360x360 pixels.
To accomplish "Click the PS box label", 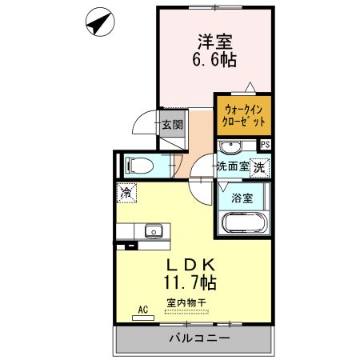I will [266, 145].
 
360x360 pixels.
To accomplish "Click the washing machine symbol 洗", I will [259, 167].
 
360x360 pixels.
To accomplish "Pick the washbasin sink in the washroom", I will [231, 147].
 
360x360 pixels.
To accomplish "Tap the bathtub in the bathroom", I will [243, 222].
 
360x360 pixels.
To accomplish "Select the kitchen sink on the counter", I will [152, 232].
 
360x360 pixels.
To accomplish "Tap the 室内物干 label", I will [186, 302].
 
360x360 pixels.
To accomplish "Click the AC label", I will [143, 308].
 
